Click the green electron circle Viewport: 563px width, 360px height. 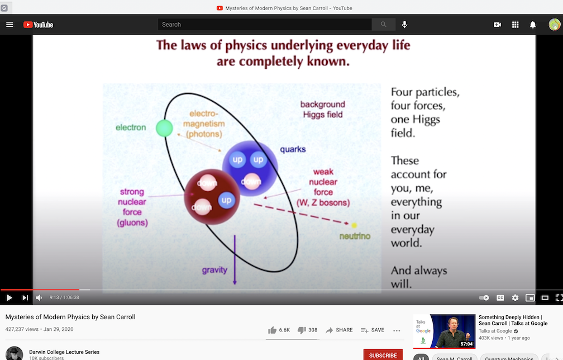coord(164,127)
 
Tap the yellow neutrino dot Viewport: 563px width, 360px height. coord(354,225)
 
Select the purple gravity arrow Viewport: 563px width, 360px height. coord(235,259)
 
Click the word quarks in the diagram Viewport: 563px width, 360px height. coord(293,149)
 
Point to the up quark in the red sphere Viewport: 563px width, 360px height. coord(226,200)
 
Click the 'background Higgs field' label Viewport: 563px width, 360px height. coord(322,109)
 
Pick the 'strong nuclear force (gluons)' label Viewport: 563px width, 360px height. coord(132,207)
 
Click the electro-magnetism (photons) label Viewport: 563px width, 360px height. coord(204,124)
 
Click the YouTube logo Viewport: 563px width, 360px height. coord(38,25)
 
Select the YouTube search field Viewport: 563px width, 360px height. coord(265,25)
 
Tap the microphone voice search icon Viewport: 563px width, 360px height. coord(404,25)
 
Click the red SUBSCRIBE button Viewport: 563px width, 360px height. coord(383,355)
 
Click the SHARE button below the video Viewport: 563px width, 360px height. coord(339,330)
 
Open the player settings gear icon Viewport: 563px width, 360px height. coord(515,298)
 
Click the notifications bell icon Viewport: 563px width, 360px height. coord(533,25)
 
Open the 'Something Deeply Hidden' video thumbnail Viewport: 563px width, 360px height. coord(444,331)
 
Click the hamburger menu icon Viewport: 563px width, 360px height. coord(9,25)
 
